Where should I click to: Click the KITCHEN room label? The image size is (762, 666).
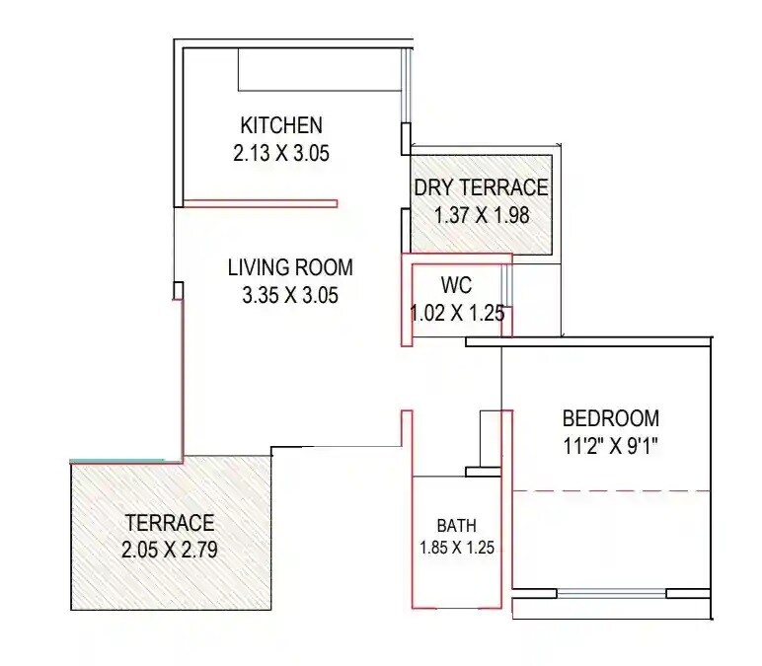coord(281,125)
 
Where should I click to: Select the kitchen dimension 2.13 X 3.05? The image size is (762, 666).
coord(281,153)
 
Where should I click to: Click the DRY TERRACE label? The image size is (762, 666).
coord(481,187)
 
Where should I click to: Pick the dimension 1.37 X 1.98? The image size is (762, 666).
coord(481,214)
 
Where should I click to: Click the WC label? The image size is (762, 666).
coord(456,286)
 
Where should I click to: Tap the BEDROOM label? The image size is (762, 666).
coord(610,417)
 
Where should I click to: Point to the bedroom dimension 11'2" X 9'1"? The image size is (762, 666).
coord(610,445)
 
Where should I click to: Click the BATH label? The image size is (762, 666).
coord(457,525)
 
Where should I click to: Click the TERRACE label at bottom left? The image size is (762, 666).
coord(169,523)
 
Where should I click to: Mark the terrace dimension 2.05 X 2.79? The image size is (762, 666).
coord(169,550)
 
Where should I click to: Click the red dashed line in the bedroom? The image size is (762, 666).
coord(612,490)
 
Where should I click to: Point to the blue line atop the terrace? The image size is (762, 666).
coord(116,461)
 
